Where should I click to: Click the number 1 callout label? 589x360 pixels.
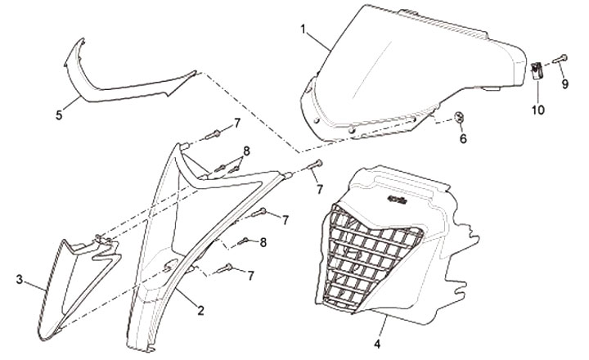pos(303,30)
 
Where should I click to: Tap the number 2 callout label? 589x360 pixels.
pos(200,309)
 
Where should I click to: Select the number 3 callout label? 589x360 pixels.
pos(19,280)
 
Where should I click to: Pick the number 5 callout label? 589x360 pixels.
pos(59,115)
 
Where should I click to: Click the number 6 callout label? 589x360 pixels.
pos(462,140)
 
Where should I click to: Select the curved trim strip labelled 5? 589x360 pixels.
pos(123,82)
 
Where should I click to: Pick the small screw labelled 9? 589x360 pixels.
pos(556,58)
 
